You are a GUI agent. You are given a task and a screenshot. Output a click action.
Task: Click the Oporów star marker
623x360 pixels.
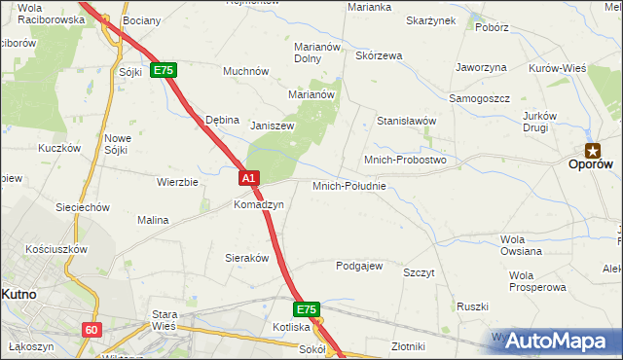point(592,150)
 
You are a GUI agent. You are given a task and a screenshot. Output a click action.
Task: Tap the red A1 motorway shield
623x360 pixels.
point(249,178)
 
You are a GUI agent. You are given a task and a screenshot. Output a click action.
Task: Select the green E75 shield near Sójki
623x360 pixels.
point(163,71)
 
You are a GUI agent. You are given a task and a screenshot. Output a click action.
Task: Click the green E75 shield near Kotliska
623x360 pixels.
point(307,309)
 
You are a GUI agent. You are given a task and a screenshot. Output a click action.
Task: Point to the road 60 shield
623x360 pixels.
point(91,330)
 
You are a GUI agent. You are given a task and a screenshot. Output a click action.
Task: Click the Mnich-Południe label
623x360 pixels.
point(349,186)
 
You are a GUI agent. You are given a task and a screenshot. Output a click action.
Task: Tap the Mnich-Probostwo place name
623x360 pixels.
point(404,159)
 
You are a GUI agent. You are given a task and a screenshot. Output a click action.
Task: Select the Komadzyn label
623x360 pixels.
point(258,205)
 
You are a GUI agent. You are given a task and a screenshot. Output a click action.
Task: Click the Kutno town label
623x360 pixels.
point(18,293)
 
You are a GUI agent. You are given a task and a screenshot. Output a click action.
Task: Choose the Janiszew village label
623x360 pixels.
point(273,126)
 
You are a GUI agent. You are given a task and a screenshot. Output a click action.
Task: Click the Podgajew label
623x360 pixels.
point(359,266)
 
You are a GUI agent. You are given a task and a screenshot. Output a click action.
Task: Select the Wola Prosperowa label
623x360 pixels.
point(536,281)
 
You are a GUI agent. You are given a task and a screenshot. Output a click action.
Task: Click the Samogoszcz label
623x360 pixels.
point(479,99)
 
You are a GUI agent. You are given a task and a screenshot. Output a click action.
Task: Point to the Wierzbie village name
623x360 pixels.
point(177,182)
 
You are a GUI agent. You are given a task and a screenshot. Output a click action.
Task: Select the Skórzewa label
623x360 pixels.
point(379,55)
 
